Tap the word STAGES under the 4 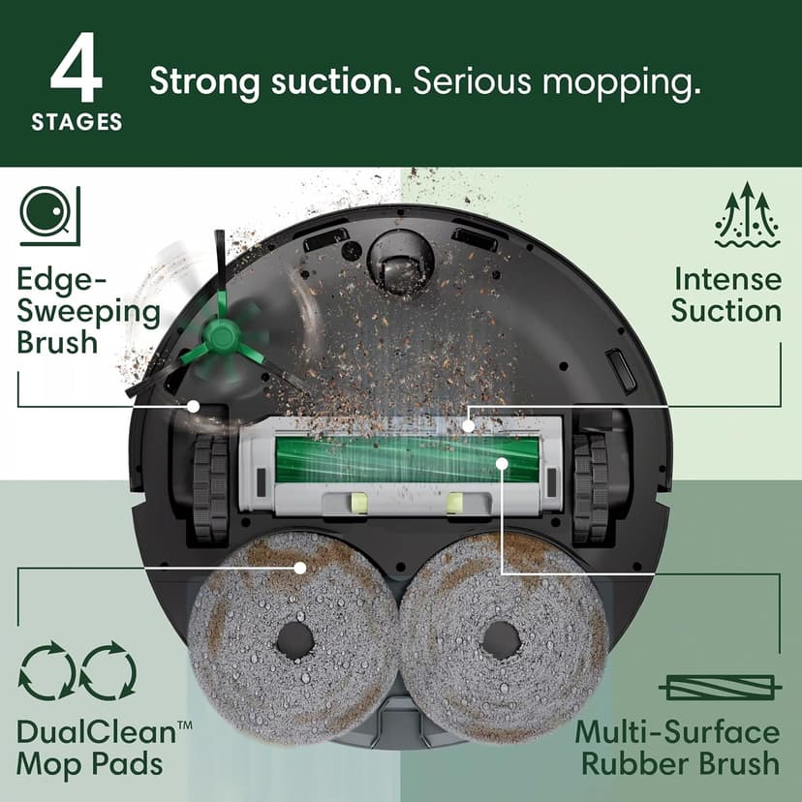pos(77,123)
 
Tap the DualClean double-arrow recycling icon pos(78,671)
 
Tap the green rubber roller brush pos(406,458)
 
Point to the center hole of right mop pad pos(502,639)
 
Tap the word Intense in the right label pos(727,279)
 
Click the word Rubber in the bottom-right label pos(632,762)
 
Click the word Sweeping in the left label pos(88,312)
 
